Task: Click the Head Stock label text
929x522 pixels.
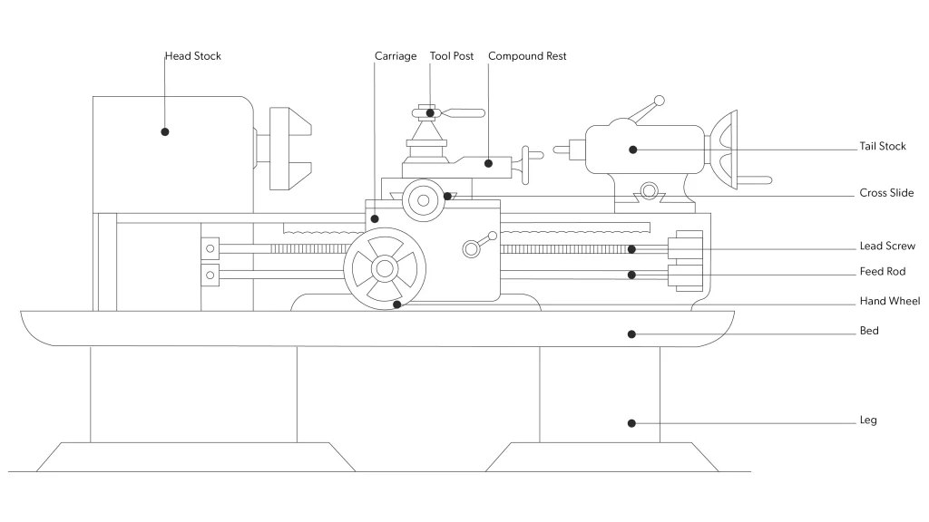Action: click(x=192, y=56)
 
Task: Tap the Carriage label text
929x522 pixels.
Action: click(x=396, y=56)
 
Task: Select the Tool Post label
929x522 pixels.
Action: click(x=452, y=56)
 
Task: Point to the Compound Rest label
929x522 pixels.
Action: click(x=527, y=56)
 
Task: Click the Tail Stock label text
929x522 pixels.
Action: click(x=883, y=147)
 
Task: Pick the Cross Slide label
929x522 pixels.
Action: click(x=886, y=193)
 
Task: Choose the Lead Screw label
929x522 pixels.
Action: click(x=887, y=246)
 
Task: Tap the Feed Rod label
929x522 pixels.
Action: click(x=883, y=272)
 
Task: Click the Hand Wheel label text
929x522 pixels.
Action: click(x=889, y=301)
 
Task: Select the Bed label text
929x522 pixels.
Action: click(x=868, y=331)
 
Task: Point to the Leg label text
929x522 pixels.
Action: click(x=868, y=420)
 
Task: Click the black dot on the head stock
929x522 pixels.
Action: click(x=165, y=131)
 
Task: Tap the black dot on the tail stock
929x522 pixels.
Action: click(x=634, y=150)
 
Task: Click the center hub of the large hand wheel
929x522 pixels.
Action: click(x=384, y=268)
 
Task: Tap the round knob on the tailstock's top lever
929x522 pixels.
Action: click(x=660, y=100)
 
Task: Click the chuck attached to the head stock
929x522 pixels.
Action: click(x=290, y=150)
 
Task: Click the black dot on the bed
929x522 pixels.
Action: click(x=632, y=333)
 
